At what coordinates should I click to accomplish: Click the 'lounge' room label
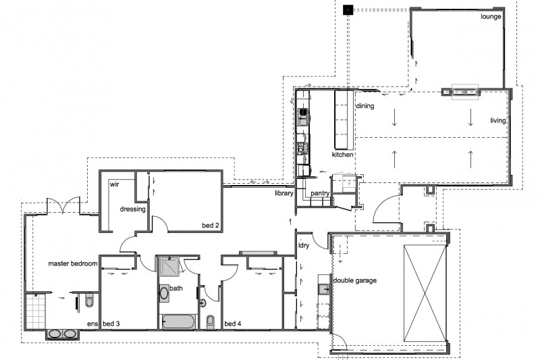tap(491, 16)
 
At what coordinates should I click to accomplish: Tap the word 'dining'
tap(364, 106)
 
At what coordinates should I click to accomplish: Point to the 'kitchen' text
tap(342, 155)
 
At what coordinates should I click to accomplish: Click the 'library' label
tap(283, 193)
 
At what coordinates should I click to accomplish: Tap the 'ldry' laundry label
tap(303, 245)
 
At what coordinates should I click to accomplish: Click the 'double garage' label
tap(354, 280)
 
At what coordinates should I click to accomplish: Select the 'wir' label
tap(114, 184)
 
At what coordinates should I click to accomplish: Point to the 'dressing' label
tap(132, 209)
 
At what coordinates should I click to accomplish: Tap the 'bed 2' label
tap(211, 224)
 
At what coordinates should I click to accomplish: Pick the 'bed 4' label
tap(232, 324)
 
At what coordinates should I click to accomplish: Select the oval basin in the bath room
tap(165, 294)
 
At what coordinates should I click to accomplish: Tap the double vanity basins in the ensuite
tap(62, 334)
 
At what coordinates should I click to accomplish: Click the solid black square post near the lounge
tap(348, 9)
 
